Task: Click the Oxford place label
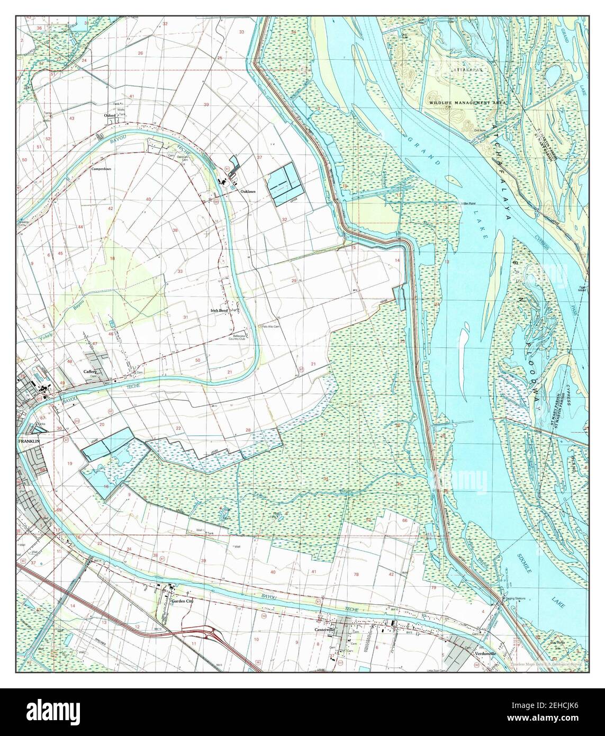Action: coord(110,114)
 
